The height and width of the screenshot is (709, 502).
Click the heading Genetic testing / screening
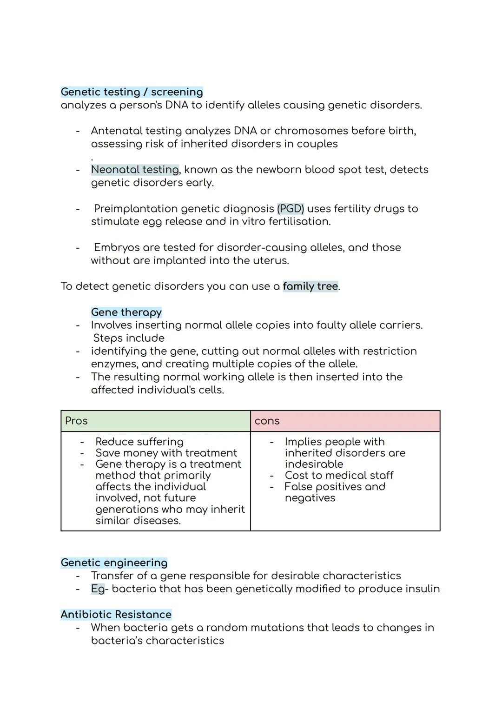click(x=132, y=92)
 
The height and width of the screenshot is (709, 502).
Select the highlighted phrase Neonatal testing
click(x=135, y=170)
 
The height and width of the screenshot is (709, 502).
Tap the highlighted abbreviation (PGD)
click(x=291, y=209)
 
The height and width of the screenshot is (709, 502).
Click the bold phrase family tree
click(x=310, y=286)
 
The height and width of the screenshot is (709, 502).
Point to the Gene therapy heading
click(x=126, y=312)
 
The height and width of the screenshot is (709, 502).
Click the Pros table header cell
click(x=156, y=421)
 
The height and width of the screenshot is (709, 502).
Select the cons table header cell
click(x=345, y=421)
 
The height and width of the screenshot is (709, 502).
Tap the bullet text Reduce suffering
click(x=139, y=442)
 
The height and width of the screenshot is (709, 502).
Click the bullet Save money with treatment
click(x=166, y=453)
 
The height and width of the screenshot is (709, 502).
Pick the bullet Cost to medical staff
click(x=339, y=475)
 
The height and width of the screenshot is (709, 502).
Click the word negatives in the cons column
click(x=310, y=498)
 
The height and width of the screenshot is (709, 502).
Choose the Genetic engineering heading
click(x=114, y=563)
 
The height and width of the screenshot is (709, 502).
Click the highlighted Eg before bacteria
click(x=98, y=589)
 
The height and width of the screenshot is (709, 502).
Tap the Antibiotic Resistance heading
click(x=116, y=615)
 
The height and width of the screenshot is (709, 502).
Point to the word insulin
click(x=422, y=589)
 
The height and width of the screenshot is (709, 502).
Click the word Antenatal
click(x=120, y=131)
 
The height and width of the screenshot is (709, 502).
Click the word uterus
click(x=270, y=260)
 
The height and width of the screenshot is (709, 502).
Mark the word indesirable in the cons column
click(x=314, y=464)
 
